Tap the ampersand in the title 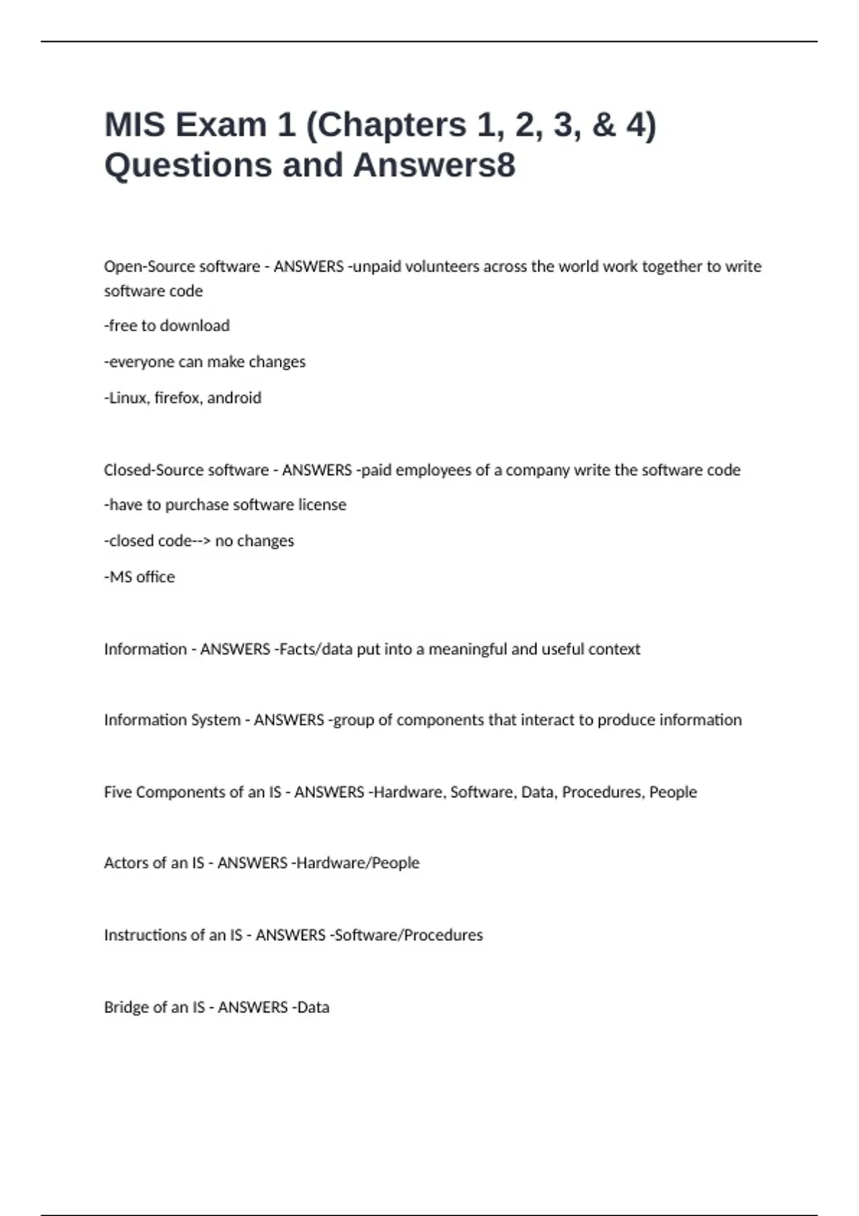point(603,125)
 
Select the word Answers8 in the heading point(434,165)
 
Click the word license point(322,505)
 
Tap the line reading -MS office point(140,577)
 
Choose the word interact point(548,720)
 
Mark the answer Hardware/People point(358,863)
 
